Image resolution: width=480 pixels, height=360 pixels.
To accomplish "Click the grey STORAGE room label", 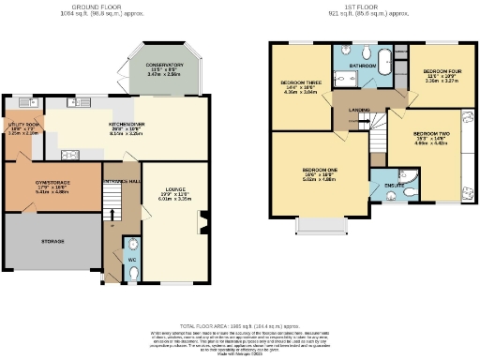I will (x=52, y=242).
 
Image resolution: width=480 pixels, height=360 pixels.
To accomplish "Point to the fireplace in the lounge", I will (x=202, y=223).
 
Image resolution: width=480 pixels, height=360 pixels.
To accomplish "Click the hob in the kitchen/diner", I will (x=70, y=156).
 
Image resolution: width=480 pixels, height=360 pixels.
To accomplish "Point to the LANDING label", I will (x=359, y=111).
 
